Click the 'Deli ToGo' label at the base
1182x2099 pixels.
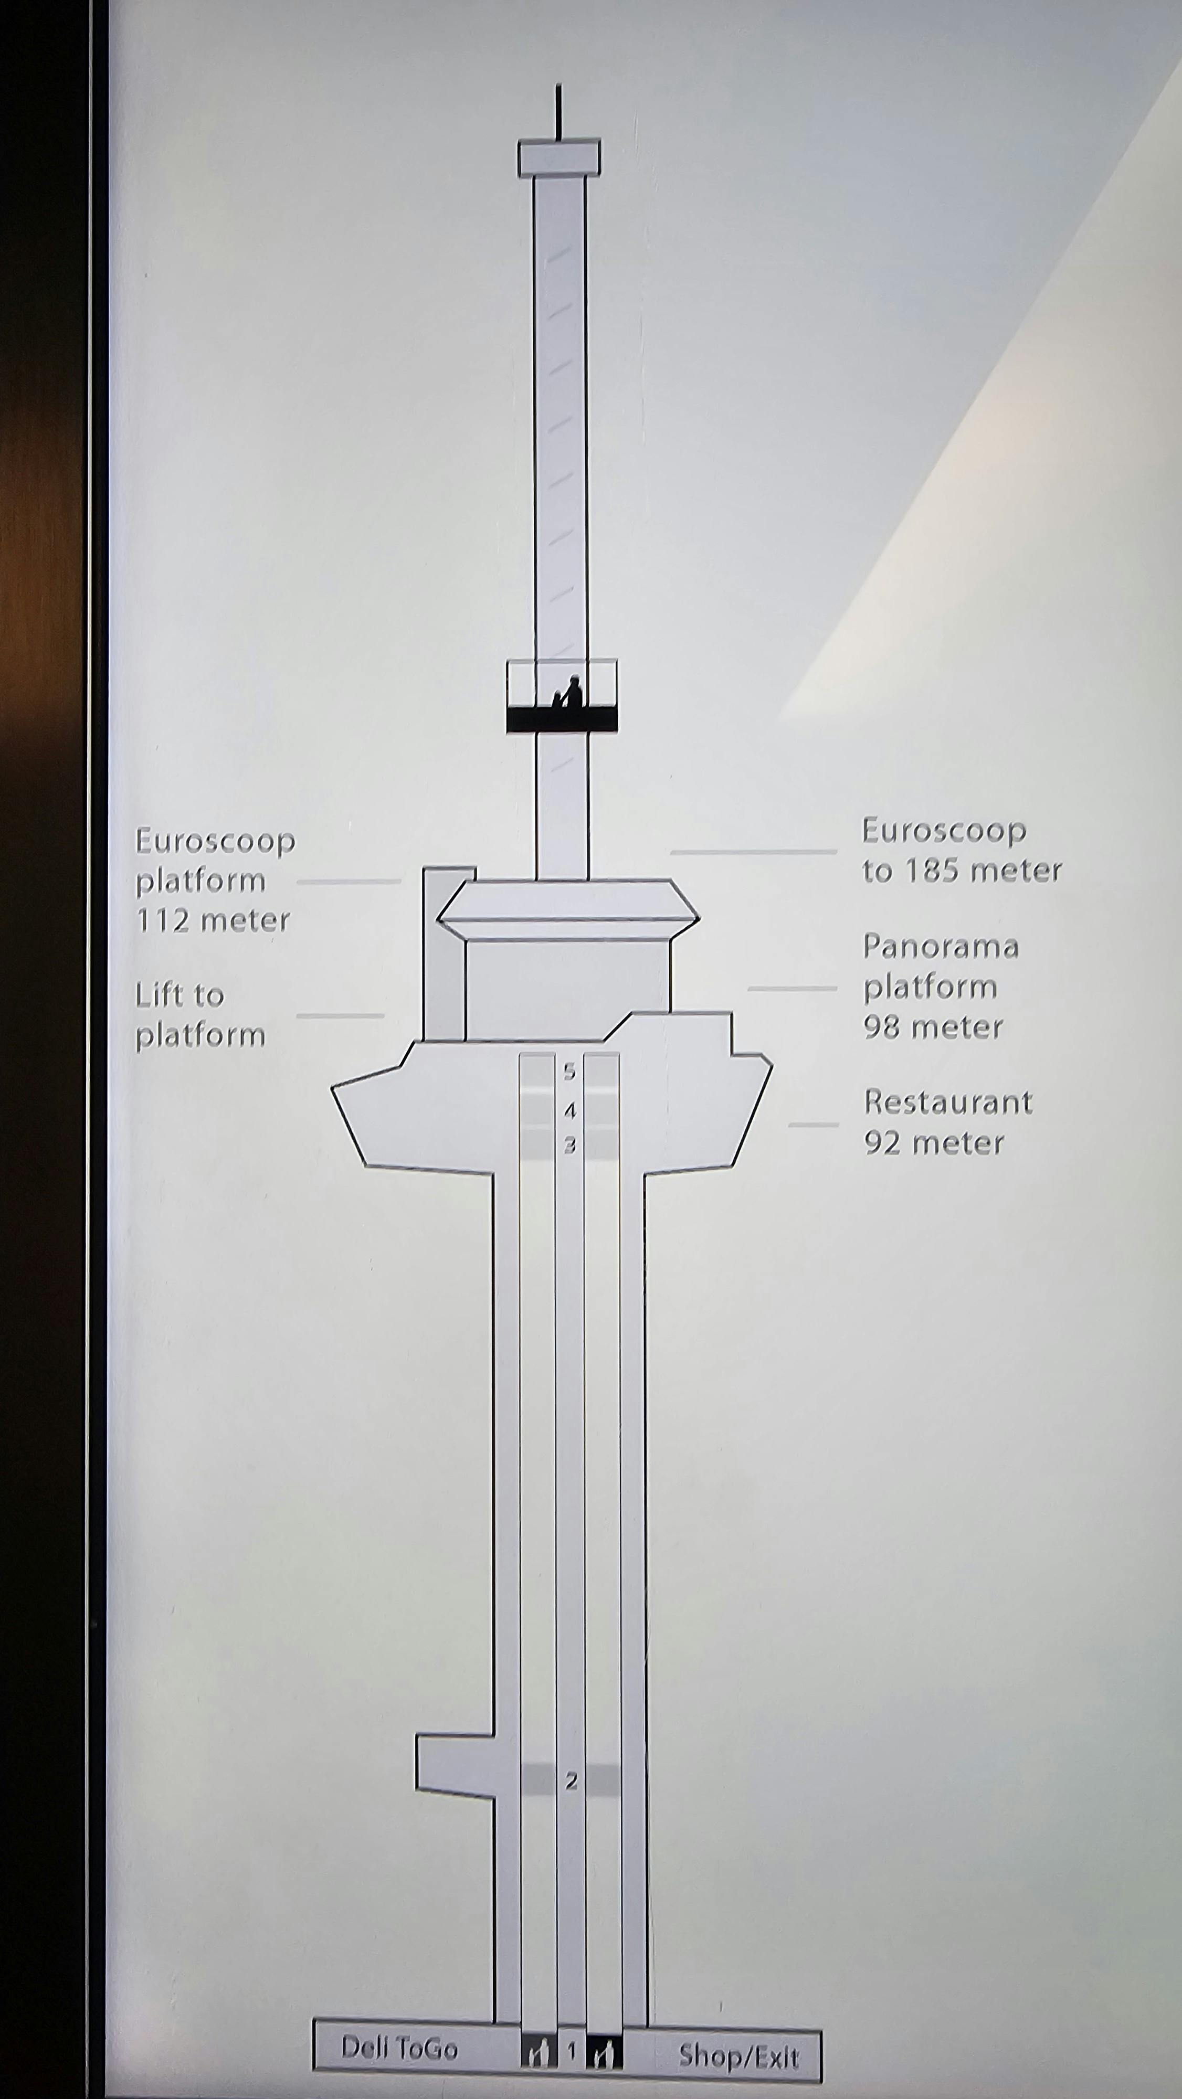coord(398,2048)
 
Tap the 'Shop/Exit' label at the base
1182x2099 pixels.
coord(738,2056)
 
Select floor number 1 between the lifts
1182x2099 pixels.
coord(572,2051)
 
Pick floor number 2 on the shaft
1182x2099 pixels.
coord(571,1781)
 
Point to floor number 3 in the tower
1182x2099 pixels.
coord(570,1146)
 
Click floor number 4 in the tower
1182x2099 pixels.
coord(570,1110)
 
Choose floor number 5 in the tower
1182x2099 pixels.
coord(570,1072)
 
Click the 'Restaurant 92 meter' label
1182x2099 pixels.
coord(948,1122)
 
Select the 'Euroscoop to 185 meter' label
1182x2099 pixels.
coord(962,851)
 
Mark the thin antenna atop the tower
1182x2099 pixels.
coord(558,112)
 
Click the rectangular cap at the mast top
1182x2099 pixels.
coord(559,157)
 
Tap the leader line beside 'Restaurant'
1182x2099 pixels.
coord(812,1125)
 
